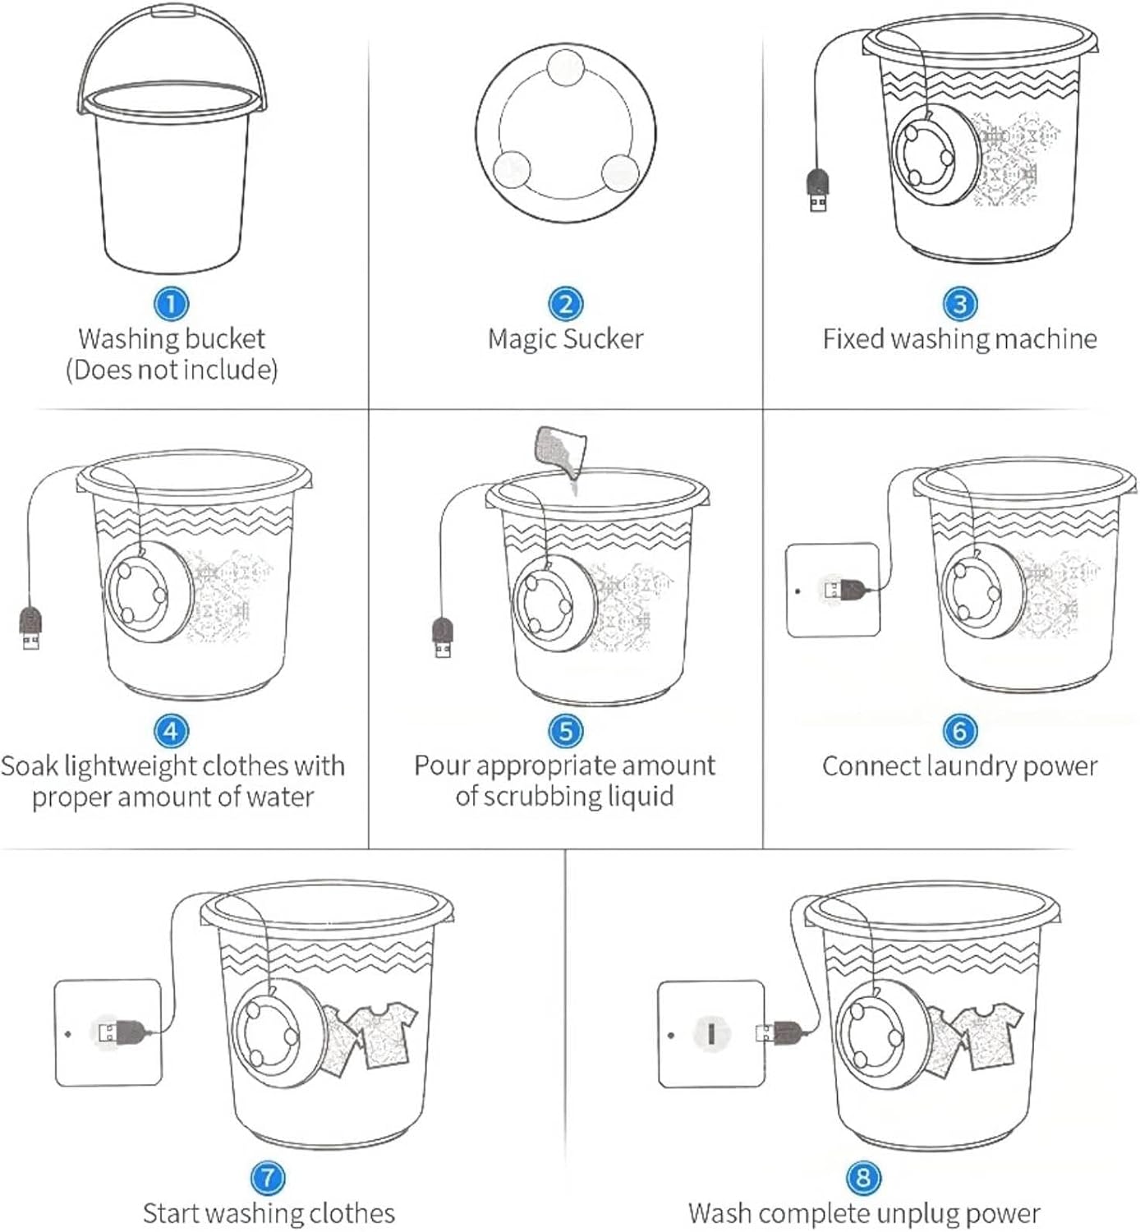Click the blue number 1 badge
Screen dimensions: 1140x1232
[x=172, y=303]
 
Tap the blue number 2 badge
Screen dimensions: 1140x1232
[x=565, y=303]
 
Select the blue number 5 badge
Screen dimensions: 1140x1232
[x=565, y=731]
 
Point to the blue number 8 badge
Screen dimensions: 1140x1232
[x=862, y=1177]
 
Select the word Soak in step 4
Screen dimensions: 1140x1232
[x=30, y=766]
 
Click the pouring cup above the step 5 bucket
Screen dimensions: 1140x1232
[x=560, y=453]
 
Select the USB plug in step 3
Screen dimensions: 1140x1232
[x=818, y=191]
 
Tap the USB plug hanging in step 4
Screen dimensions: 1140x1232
[x=30, y=628]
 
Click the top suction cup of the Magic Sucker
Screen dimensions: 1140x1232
[x=565, y=67]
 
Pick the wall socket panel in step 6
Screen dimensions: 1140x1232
[x=833, y=590]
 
